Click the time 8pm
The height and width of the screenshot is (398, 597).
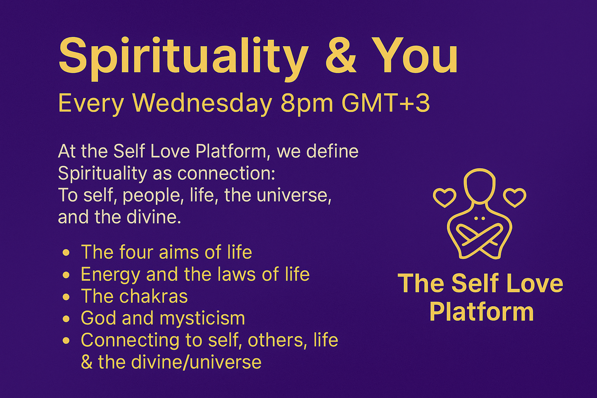point(307,104)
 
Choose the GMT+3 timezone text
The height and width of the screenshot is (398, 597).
point(386,103)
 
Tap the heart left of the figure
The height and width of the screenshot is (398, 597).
point(444,197)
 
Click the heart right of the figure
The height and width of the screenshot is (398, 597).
point(514,197)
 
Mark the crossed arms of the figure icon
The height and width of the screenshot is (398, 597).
point(479,240)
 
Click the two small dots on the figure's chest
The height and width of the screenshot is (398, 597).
point(479,218)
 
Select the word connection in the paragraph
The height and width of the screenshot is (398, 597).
point(226,174)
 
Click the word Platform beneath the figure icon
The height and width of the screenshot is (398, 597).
point(481,312)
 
